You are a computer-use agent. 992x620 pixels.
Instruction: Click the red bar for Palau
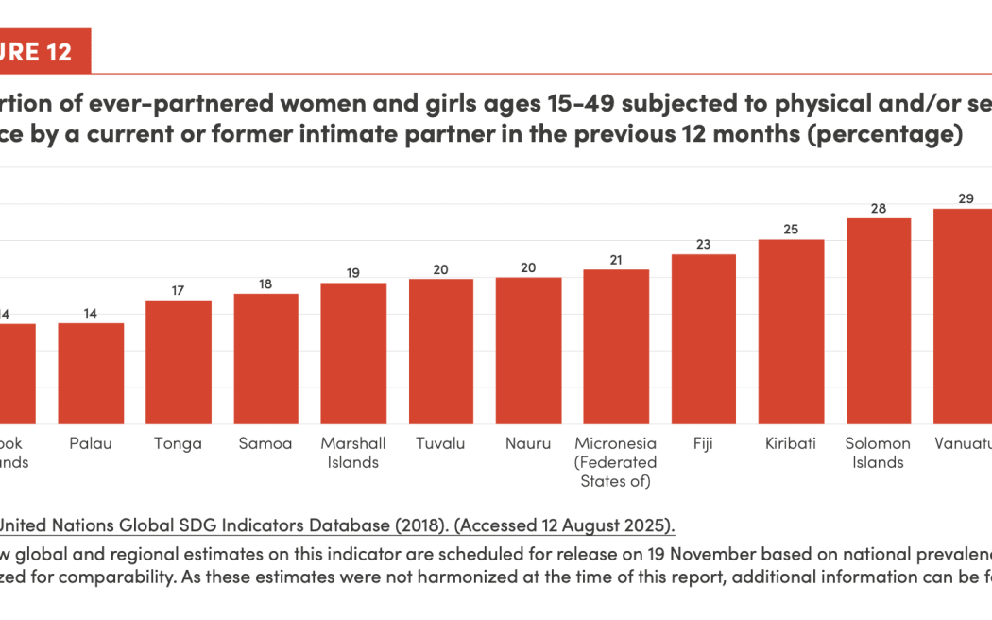coord(91,373)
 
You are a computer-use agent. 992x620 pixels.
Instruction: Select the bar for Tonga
coord(179,362)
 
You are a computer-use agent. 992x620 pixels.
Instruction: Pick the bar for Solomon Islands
coord(879,320)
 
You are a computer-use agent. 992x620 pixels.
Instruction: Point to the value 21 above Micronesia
coord(616,259)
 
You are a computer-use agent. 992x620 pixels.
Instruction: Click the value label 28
coord(879,208)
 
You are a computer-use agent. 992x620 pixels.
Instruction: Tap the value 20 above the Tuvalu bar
coord(441,268)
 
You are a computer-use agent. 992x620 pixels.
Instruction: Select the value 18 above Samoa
coord(265,284)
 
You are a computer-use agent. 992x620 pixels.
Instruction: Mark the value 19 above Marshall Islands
coord(353,272)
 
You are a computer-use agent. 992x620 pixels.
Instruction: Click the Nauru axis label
coord(529,443)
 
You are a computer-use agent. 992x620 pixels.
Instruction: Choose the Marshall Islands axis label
coord(353,453)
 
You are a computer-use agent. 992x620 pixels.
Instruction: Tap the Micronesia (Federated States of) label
coord(616,462)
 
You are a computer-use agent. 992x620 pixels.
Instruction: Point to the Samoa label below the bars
coord(265,443)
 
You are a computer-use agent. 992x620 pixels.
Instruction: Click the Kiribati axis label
coord(791,443)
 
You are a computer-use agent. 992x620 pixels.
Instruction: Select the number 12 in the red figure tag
coord(60,52)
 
